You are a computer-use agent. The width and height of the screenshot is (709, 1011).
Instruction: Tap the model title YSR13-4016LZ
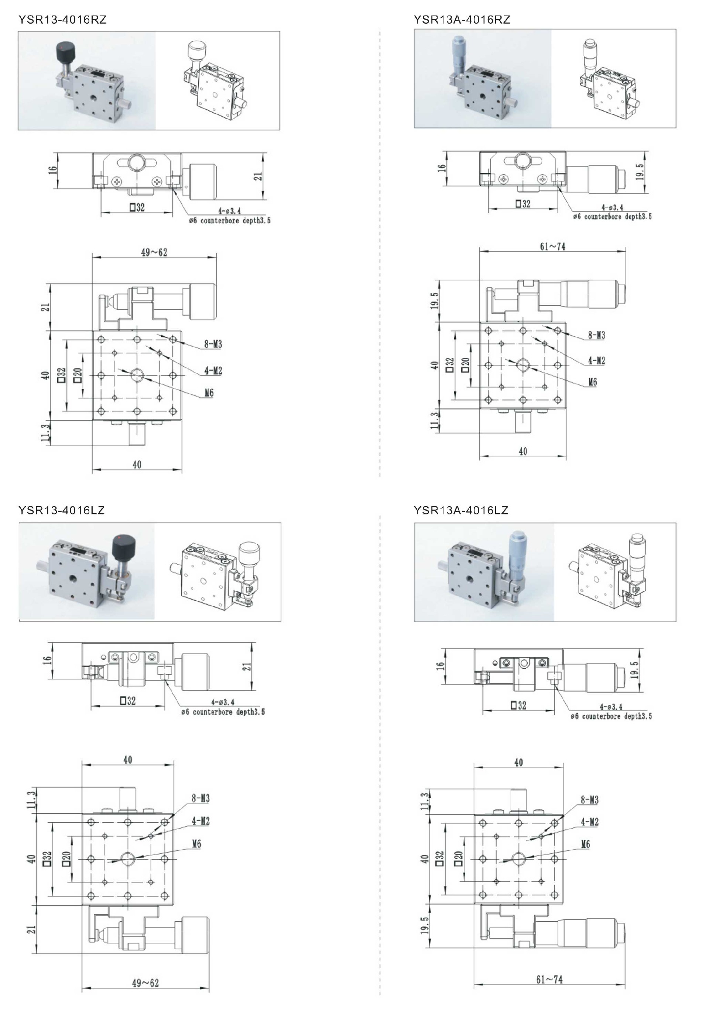61,510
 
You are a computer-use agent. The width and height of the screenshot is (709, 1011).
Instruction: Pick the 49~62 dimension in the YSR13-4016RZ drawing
154,252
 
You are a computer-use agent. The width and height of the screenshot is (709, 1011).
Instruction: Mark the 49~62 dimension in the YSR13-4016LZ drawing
145,982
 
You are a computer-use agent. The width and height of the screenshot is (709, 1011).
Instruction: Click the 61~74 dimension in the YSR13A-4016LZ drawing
549,979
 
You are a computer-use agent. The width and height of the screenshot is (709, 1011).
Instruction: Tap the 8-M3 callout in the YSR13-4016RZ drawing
213,344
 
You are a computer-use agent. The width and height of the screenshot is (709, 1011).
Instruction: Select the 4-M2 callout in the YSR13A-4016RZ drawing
596,361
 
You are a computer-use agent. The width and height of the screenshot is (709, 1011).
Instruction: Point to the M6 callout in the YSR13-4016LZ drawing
196,844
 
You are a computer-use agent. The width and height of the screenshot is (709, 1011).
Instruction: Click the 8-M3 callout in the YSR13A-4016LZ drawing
589,800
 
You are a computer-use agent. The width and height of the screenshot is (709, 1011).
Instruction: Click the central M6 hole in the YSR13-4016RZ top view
137,376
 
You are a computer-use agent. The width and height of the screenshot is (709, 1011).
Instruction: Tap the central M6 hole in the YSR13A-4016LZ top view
519,858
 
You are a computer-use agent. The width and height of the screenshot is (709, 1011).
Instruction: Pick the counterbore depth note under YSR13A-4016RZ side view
612,217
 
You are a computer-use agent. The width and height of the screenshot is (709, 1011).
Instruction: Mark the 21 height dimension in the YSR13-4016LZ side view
248,666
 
